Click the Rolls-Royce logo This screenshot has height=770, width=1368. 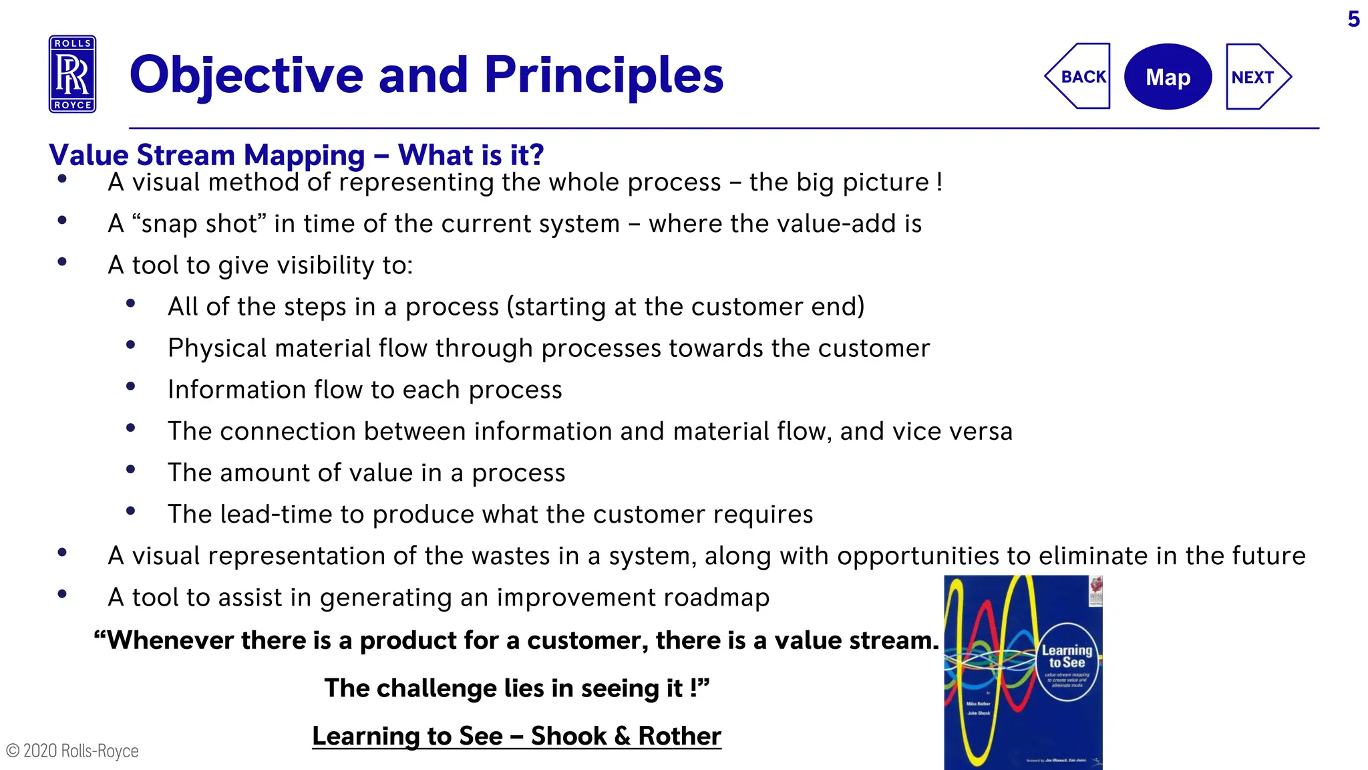tap(72, 74)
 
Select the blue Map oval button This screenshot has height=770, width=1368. tap(1168, 77)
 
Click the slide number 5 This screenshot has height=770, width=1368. tap(1353, 19)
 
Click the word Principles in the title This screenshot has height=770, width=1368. tap(604, 75)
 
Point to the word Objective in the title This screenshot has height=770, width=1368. tap(246, 75)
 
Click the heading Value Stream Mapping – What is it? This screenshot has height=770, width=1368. tap(296, 155)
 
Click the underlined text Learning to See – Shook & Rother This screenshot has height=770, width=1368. tap(516, 736)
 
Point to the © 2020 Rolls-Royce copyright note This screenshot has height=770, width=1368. tap(72, 751)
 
